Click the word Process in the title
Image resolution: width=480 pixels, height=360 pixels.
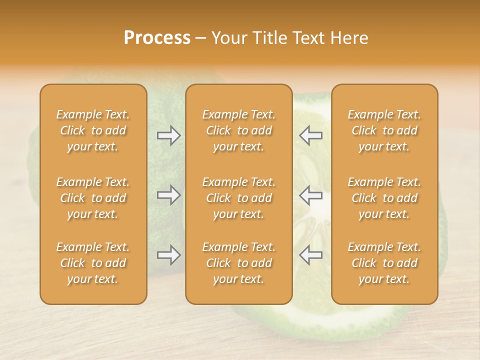[x=157, y=38]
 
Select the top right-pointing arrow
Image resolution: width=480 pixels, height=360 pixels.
[x=168, y=135]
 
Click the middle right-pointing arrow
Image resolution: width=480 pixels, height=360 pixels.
[x=168, y=195]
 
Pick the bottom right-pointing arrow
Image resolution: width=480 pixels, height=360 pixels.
[x=168, y=255]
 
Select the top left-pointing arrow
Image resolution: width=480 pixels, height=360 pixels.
[x=311, y=135]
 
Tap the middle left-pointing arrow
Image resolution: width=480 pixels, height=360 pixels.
[x=311, y=195]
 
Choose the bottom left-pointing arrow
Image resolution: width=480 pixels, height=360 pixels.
[x=311, y=255]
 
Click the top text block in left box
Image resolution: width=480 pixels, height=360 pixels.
[x=93, y=130]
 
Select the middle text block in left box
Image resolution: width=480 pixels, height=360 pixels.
[x=93, y=198]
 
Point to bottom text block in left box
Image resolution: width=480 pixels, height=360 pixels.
[x=93, y=263]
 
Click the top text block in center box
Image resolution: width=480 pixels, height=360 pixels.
[x=239, y=130]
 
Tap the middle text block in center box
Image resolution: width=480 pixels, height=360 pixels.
[x=239, y=198]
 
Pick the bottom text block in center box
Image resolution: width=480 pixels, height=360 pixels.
[x=239, y=263]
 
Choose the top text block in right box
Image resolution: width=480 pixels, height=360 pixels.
[x=384, y=130]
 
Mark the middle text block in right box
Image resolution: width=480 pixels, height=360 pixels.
[x=384, y=198]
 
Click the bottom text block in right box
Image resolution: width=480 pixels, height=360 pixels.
[x=384, y=263]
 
